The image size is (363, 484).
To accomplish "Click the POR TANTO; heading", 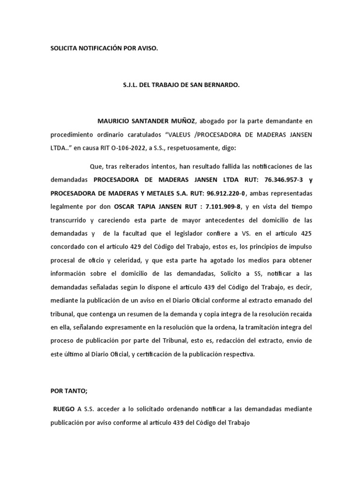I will click(69, 391).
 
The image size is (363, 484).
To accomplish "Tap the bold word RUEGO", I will click(63, 408).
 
